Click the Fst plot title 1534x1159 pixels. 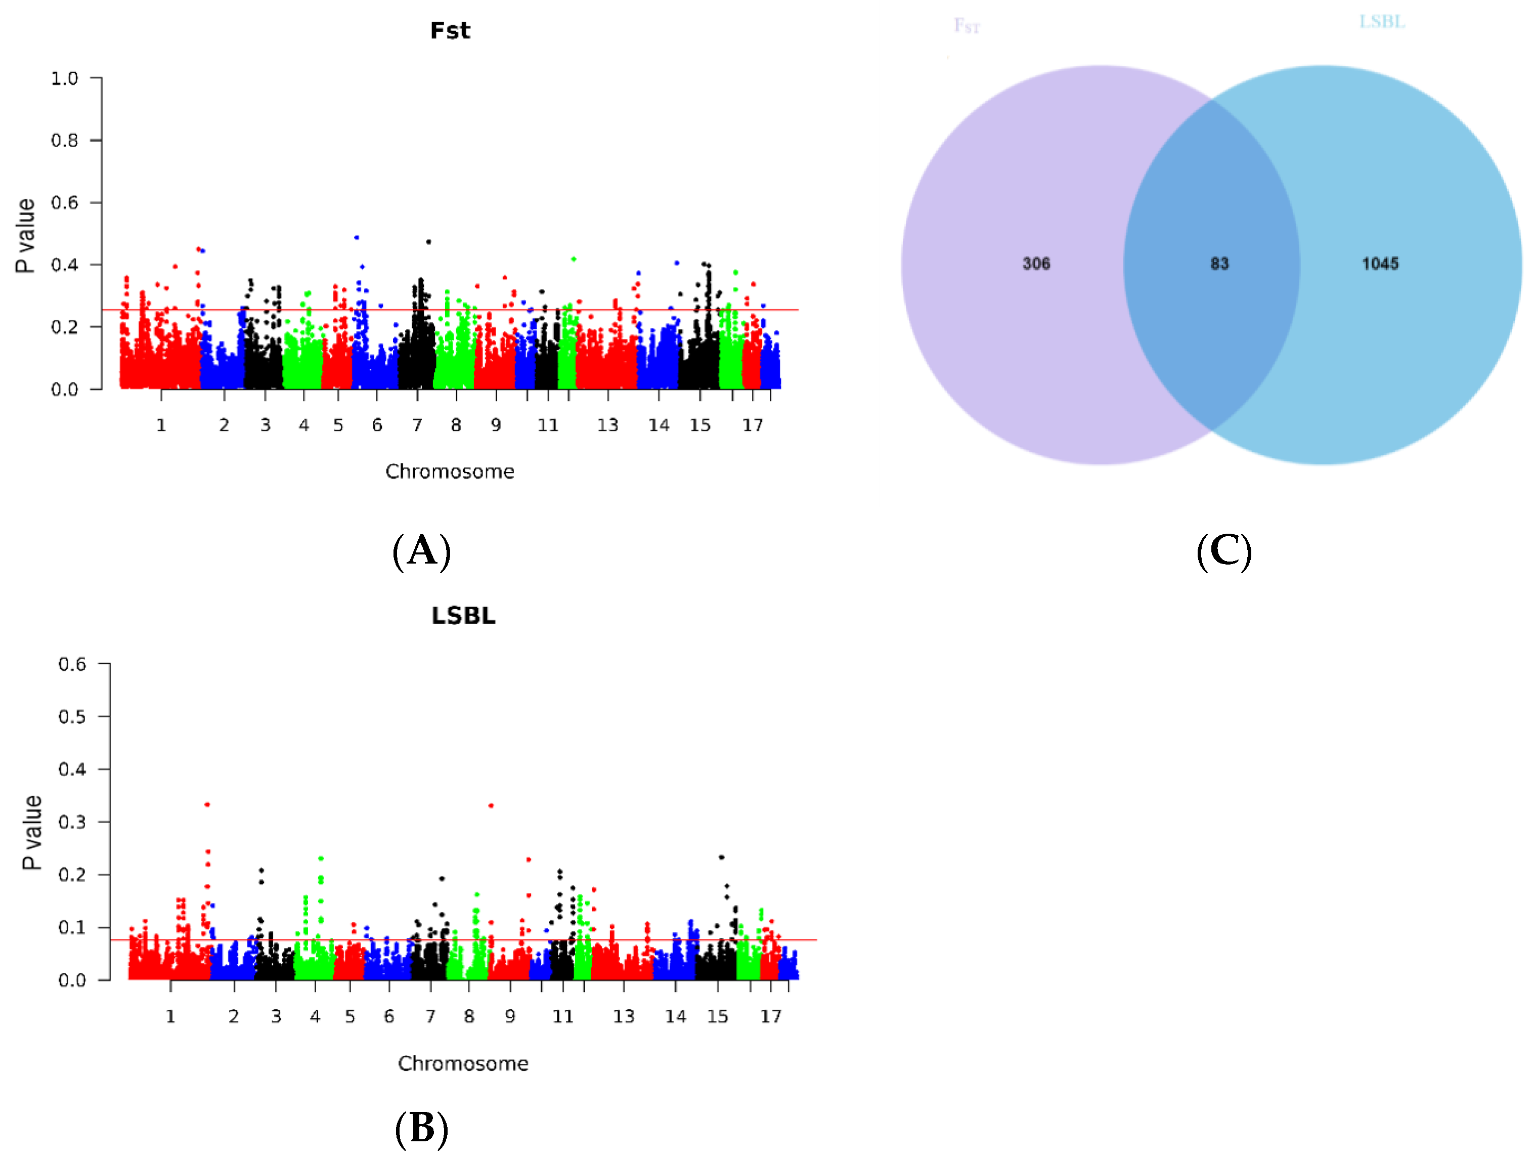pyautogui.click(x=450, y=30)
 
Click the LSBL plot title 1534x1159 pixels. pyautogui.click(x=463, y=616)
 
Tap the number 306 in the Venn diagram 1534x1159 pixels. pyautogui.click(x=1036, y=264)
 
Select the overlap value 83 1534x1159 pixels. pyautogui.click(x=1219, y=264)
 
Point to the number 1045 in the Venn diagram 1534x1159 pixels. pyautogui.click(x=1380, y=264)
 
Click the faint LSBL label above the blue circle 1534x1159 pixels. pyautogui.click(x=1382, y=22)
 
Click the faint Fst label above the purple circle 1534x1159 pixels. pyautogui.click(x=967, y=26)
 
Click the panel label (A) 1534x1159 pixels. pyautogui.click(x=422, y=551)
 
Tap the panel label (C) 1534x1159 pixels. pyautogui.click(x=1224, y=551)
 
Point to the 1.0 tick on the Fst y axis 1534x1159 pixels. pyautogui.click(x=65, y=78)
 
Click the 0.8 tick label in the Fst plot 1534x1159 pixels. pyautogui.click(x=65, y=141)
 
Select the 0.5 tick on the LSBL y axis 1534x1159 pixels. pyautogui.click(x=72, y=716)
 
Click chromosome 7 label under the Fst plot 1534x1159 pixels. pyautogui.click(x=417, y=425)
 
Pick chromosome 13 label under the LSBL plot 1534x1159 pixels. pyautogui.click(x=624, y=1017)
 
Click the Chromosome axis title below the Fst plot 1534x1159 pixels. pyautogui.click(x=450, y=471)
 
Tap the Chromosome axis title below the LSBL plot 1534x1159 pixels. pyautogui.click(x=463, y=1064)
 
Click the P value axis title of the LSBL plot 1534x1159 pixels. pyautogui.click(x=32, y=832)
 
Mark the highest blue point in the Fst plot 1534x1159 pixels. pyautogui.click(x=357, y=237)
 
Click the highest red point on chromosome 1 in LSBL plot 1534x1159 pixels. pyautogui.click(x=207, y=804)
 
